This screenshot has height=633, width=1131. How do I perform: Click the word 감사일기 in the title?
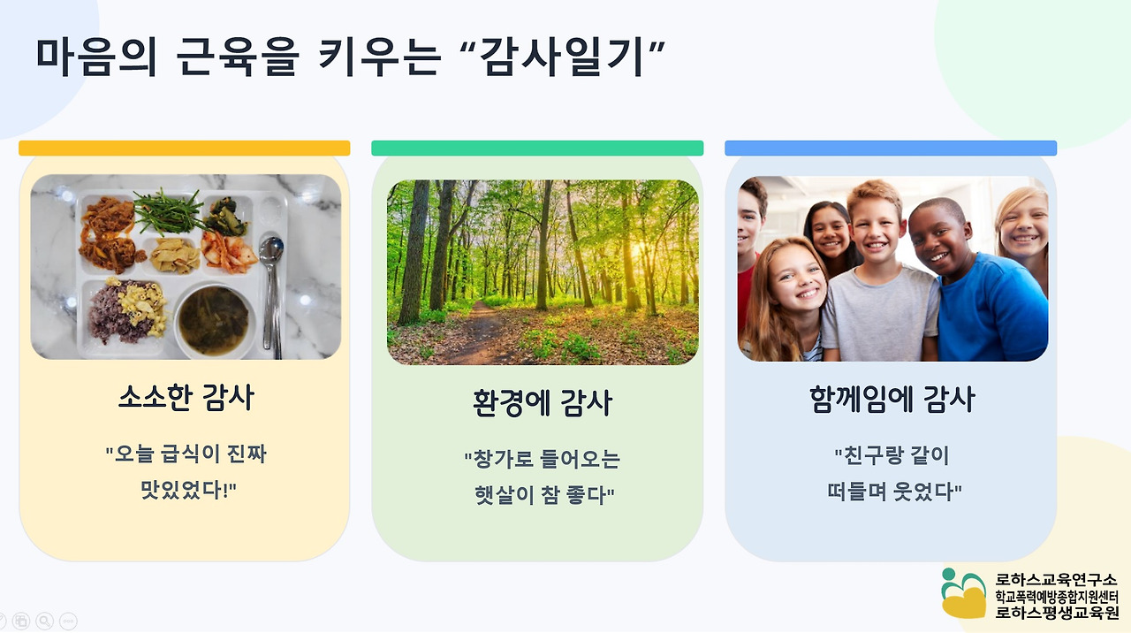point(562,57)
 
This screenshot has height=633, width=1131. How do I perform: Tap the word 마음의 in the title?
point(96,57)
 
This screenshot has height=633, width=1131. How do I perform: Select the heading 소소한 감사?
point(186,398)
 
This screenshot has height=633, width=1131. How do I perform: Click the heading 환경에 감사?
point(543,402)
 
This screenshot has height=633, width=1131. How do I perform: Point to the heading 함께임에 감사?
point(892,399)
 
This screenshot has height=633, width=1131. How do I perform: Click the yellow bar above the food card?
point(185,148)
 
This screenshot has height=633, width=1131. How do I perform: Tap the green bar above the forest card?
point(537,148)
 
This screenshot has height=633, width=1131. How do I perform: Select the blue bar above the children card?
point(891,148)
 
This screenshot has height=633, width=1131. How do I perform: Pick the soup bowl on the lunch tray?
point(214,320)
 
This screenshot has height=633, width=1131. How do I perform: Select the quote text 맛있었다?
point(188,490)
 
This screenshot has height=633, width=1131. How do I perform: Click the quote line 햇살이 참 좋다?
point(544,494)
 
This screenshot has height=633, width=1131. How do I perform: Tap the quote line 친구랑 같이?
point(892,455)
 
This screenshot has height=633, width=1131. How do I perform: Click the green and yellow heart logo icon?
point(963,593)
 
